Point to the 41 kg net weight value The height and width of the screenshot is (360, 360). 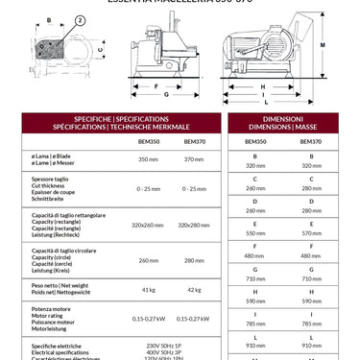tap(148, 289)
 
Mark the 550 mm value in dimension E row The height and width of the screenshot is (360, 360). tap(255, 233)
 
